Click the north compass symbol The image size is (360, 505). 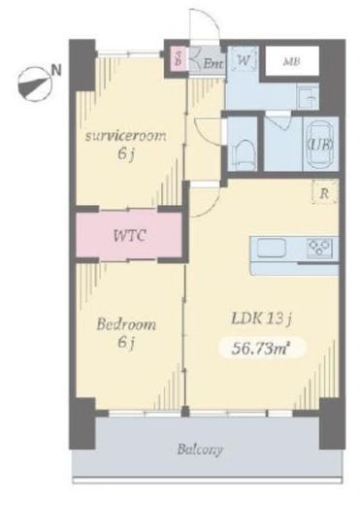[34, 84]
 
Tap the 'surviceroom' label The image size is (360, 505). [125, 136]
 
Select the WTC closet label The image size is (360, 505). [130, 235]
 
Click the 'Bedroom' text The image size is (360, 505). [126, 323]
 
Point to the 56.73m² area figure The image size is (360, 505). [260, 349]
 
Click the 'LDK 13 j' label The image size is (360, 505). [262, 319]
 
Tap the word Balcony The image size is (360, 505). [200, 450]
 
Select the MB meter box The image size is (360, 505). [292, 61]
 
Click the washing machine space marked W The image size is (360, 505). [244, 61]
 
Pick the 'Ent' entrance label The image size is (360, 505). [213, 64]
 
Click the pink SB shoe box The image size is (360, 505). [179, 58]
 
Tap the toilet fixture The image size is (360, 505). [242, 153]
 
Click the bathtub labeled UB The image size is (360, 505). [321, 145]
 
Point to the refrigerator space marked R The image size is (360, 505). [324, 193]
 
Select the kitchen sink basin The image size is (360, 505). [272, 248]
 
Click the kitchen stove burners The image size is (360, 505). [319, 248]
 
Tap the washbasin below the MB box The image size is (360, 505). [307, 97]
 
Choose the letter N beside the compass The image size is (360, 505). [57, 70]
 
